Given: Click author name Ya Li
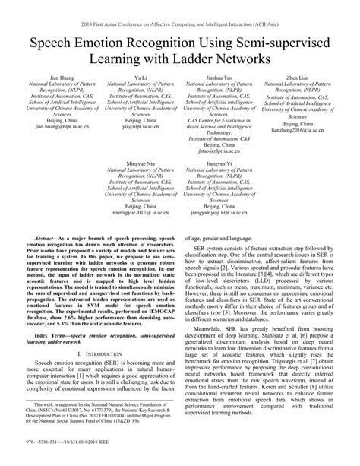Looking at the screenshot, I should pyautogui.click(x=141, y=78).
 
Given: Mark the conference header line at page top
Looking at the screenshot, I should pyautogui.click(x=179, y=13).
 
